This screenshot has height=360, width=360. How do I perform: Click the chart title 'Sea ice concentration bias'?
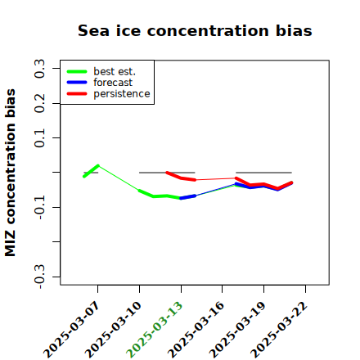[195, 30]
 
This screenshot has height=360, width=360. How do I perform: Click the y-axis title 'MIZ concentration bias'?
[10, 173]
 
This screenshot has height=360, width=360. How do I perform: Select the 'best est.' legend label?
[115, 71]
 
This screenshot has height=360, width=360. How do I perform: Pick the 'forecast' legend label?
[113, 83]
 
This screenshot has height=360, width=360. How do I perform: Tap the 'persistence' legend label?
[122, 94]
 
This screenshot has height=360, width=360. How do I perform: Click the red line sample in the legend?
[77, 94]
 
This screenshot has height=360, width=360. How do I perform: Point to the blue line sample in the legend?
[77, 83]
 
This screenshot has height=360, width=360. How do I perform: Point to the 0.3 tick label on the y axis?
[40, 69]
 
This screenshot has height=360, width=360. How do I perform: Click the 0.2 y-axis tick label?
[40, 103]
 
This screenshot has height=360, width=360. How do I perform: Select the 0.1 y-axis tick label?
[40, 138]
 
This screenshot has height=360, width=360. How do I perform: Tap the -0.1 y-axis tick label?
[40, 207]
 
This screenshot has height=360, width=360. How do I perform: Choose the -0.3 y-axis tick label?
[40, 277]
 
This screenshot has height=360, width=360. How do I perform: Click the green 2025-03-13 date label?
[155, 330]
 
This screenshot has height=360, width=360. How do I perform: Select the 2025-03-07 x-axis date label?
[71, 330]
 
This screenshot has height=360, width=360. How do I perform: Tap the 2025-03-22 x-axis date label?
[279, 330]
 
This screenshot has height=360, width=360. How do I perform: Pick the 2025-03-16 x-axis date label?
[196, 330]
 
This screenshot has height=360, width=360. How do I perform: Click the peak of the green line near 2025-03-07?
[98, 165]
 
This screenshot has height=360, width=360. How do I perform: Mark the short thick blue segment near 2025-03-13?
[188, 197]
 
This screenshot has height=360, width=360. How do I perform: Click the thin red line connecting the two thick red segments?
[216, 179]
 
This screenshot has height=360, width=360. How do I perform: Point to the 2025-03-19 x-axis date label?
[237, 330]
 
